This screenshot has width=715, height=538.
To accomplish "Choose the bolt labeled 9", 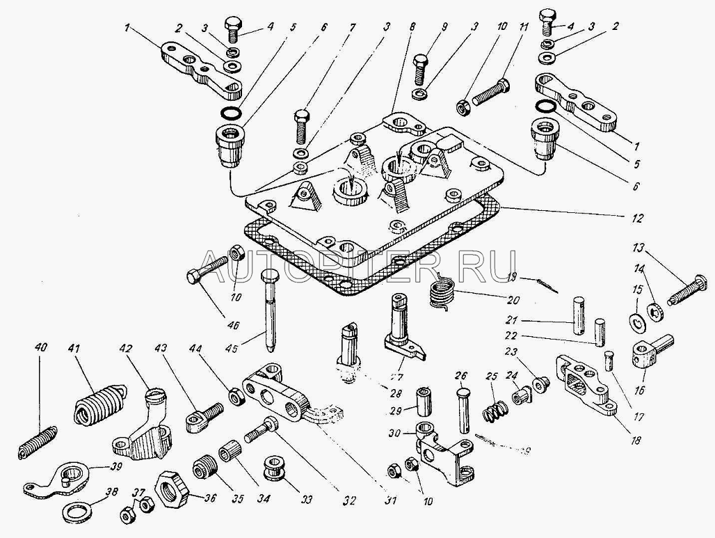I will coord(421,69).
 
